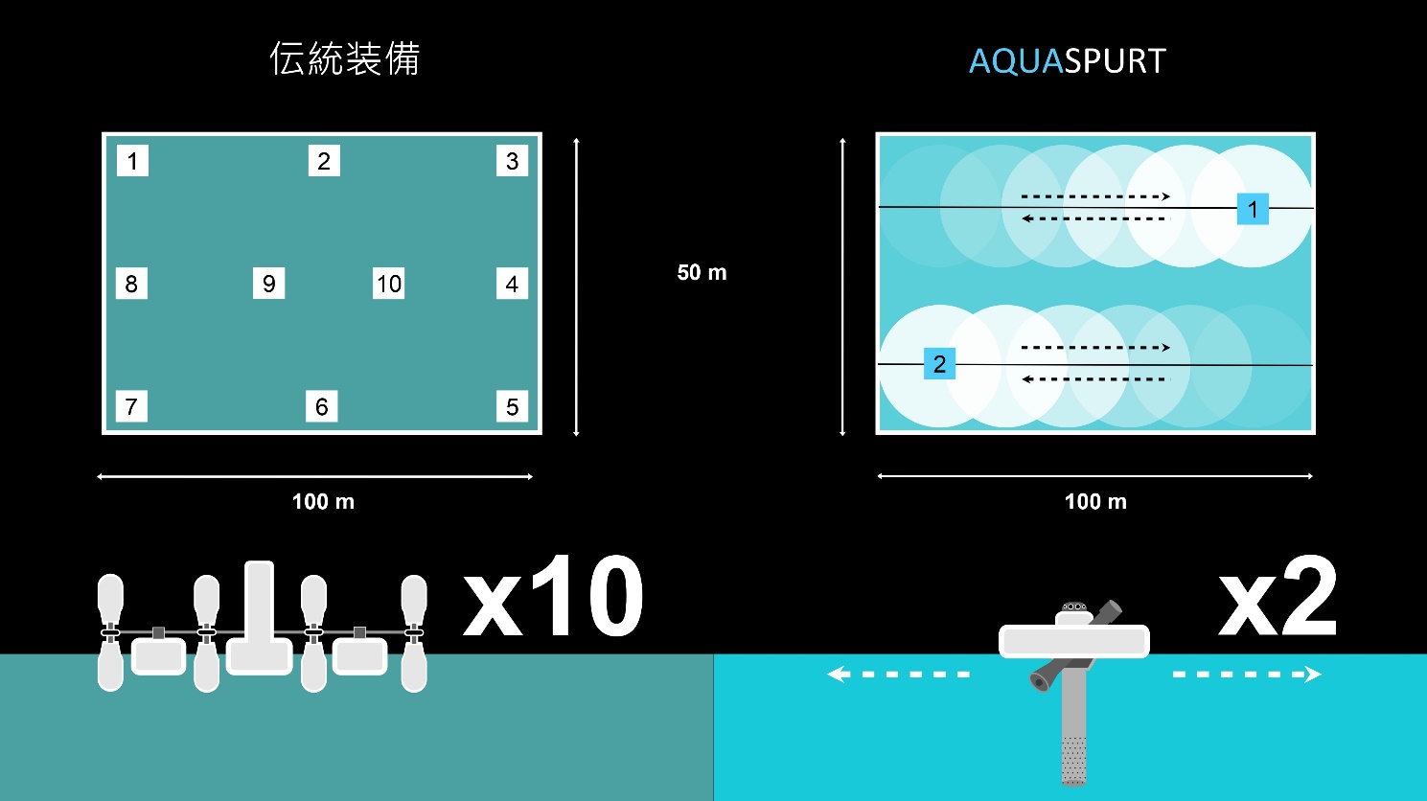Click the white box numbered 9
click(269, 284)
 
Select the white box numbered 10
click(388, 284)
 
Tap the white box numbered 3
click(512, 160)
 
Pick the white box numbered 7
click(131, 406)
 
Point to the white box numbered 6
click(322, 406)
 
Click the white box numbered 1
click(132, 160)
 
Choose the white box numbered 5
click(512, 406)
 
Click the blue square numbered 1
click(1253, 209)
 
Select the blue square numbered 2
click(939, 363)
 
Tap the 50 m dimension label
click(702, 272)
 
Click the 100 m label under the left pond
click(323, 502)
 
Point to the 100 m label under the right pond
click(1095, 502)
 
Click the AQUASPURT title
click(1068, 61)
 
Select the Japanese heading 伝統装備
click(345, 58)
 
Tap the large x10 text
click(553, 596)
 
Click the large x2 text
click(1277, 596)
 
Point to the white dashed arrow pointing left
click(898, 675)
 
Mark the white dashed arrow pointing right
click(1248, 675)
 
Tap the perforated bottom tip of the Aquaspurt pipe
click(1073, 761)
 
